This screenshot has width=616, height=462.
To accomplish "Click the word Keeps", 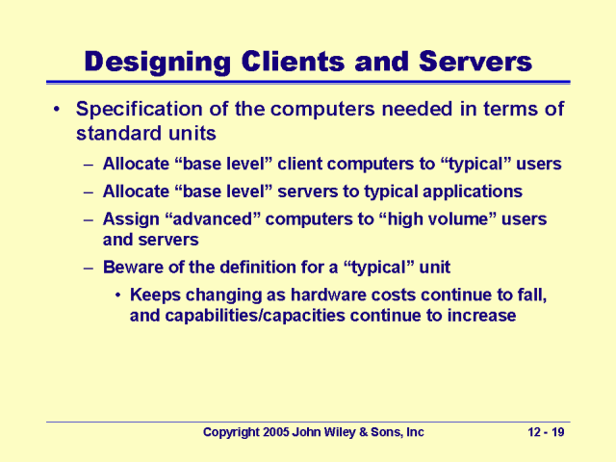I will (155, 295).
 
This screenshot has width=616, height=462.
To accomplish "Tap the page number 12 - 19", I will (547, 433).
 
